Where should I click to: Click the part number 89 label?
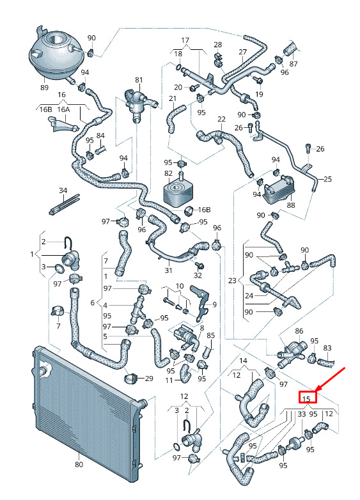click(x=44, y=87)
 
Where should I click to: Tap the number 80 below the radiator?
click(x=79, y=464)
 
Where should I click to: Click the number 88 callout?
click(x=290, y=205)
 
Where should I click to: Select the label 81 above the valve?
click(x=139, y=80)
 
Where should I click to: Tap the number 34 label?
click(x=63, y=191)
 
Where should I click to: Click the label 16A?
click(x=63, y=109)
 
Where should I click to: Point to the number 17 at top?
click(x=185, y=40)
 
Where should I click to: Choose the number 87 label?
click(x=293, y=64)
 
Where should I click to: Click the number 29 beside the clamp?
click(x=149, y=379)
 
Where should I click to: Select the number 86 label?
click(x=299, y=331)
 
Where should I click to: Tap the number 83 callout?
click(x=327, y=348)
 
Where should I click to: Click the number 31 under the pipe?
click(x=168, y=270)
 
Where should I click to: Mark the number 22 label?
click(x=221, y=120)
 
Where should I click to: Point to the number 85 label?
click(x=211, y=336)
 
